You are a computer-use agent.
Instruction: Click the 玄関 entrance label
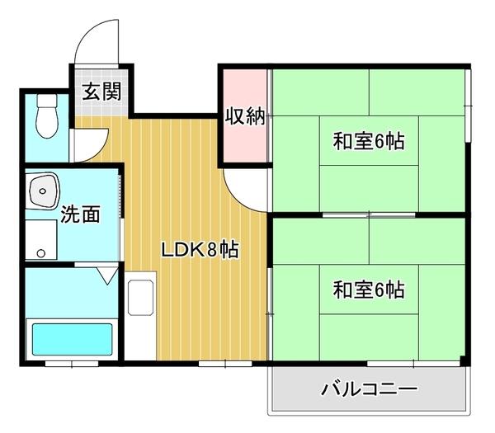pyautogui.click(x=101, y=91)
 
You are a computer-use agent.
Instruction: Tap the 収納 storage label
pyautogui.click(x=244, y=116)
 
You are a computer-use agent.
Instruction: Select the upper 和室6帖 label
pyautogui.click(x=368, y=141)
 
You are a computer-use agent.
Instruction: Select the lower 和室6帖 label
pyautogui.click(x=368, y=290)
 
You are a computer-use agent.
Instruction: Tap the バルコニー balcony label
pyautogui.click(x=368, y=388)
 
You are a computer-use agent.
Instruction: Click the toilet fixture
pyautogui.click(x=47, y=118)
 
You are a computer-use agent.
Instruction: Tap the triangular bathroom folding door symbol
pyautogui.click(x=106, y=275)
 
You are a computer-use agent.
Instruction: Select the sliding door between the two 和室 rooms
pyautogui.click(x=368, y=214)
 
